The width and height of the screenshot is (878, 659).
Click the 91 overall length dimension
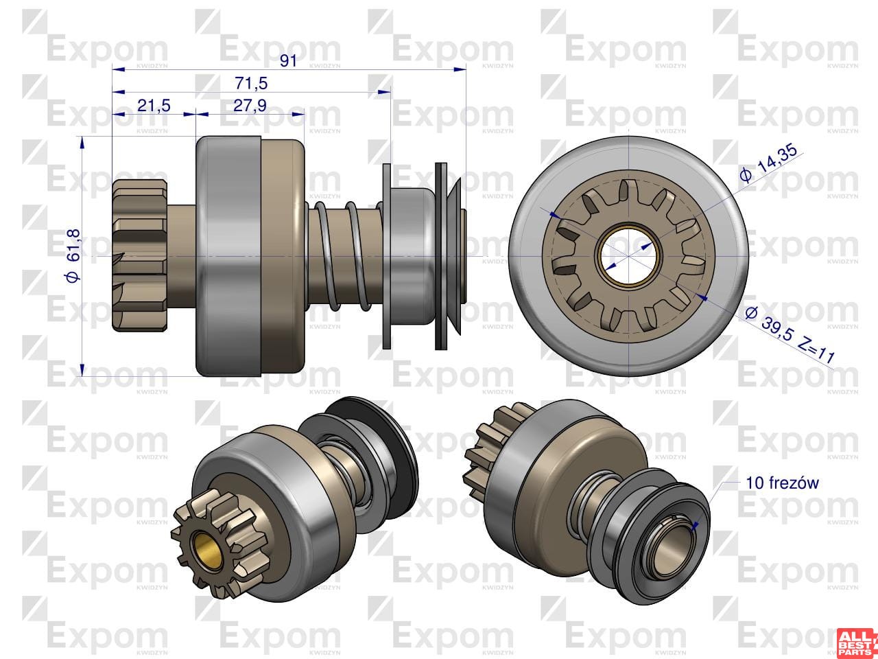click(x=288, y=61)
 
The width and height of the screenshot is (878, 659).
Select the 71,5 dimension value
click(x=251, y=83)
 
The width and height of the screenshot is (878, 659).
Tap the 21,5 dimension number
click(x=154, y=106)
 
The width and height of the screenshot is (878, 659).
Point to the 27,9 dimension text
click(x=250, y=105)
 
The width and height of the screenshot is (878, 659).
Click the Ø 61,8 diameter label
click(x=73, y=256)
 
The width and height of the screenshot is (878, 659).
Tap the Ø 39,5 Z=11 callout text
click(x=790, y=334)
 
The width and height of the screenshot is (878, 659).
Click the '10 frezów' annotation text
click(x=782, y=483)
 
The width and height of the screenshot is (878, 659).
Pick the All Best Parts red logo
click(x=857, y=643)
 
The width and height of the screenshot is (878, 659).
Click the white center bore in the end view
click(x=628, y=255)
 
